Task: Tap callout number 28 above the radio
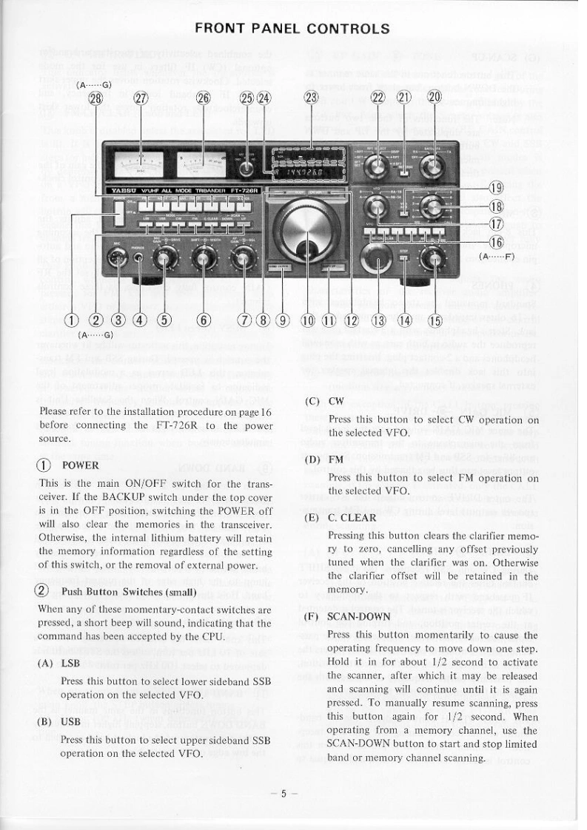pos(95,101)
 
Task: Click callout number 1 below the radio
pos(71,320)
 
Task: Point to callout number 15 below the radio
pos(435,320)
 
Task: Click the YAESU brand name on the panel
pos(120,190)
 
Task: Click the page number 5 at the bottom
pos(288,792)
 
